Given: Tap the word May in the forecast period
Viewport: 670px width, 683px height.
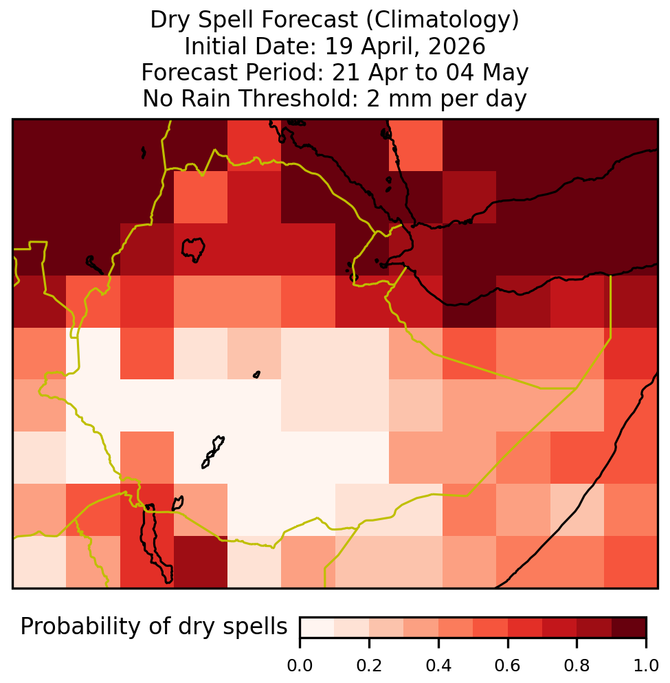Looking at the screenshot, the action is click(x=505, y=73).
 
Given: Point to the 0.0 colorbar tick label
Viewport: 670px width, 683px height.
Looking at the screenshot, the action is click(x=300, y=666).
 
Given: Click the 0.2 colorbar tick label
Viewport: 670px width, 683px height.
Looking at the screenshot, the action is click(x=369, y=666).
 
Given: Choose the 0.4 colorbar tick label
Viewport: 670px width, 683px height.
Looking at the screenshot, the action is click(x=438, y=666).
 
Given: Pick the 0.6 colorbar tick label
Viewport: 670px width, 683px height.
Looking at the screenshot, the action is click(x=508, y=666).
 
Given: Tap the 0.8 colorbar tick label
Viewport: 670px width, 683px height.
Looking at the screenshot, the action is click(x=577, y=666).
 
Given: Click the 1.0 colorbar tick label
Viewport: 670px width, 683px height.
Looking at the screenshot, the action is click(x=646, y=666).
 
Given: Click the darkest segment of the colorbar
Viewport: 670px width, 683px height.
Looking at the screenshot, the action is click(x=629, y=627).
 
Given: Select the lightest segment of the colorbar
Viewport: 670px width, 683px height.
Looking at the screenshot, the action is click(x=317, y=627).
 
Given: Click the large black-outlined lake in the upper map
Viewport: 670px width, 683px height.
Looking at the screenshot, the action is click(x=193, y=249).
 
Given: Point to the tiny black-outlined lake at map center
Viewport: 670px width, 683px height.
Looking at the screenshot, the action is click(x=256, y=374).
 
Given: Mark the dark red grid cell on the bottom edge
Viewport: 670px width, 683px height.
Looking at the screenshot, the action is click(x=201, y=562).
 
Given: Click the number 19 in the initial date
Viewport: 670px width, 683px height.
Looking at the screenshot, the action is click(x=338, y=46).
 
